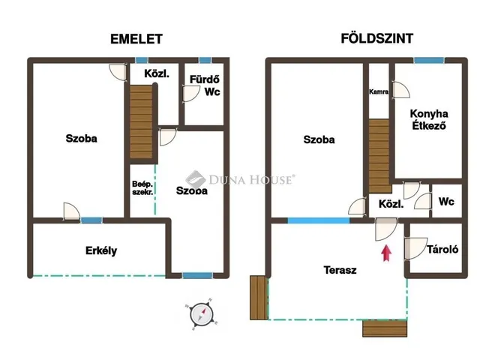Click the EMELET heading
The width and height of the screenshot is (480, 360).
tap(136, 39)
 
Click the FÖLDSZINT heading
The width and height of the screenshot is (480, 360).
tap(376, 38)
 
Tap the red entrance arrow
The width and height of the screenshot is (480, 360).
tap(386, 253)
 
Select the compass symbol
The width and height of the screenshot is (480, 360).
tap(201, 314)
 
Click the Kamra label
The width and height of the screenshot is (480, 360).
tap(379, 91)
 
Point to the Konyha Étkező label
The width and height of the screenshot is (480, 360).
tap(429, 120)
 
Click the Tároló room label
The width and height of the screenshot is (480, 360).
tap(442, 250)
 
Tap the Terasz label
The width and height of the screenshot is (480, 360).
tap(340, 270)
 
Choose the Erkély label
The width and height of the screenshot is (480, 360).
tap(101, 250)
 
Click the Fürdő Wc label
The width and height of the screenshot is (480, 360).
tap(205, 85)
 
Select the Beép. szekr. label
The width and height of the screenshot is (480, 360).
tap(142, 188)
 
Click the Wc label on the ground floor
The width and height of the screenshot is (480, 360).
tap(446, 202)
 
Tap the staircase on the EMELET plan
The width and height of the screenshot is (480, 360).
tap(141, 121)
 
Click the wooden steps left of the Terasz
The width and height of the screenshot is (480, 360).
tap(259, 298)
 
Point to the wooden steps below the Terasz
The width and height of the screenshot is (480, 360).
tap(385, 328)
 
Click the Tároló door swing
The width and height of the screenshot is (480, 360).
tap(415, 248)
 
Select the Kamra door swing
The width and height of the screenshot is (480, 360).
tap(401, 90)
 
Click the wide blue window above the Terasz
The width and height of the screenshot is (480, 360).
tap(318, 220)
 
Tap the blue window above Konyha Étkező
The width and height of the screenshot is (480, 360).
tap(429, 60)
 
